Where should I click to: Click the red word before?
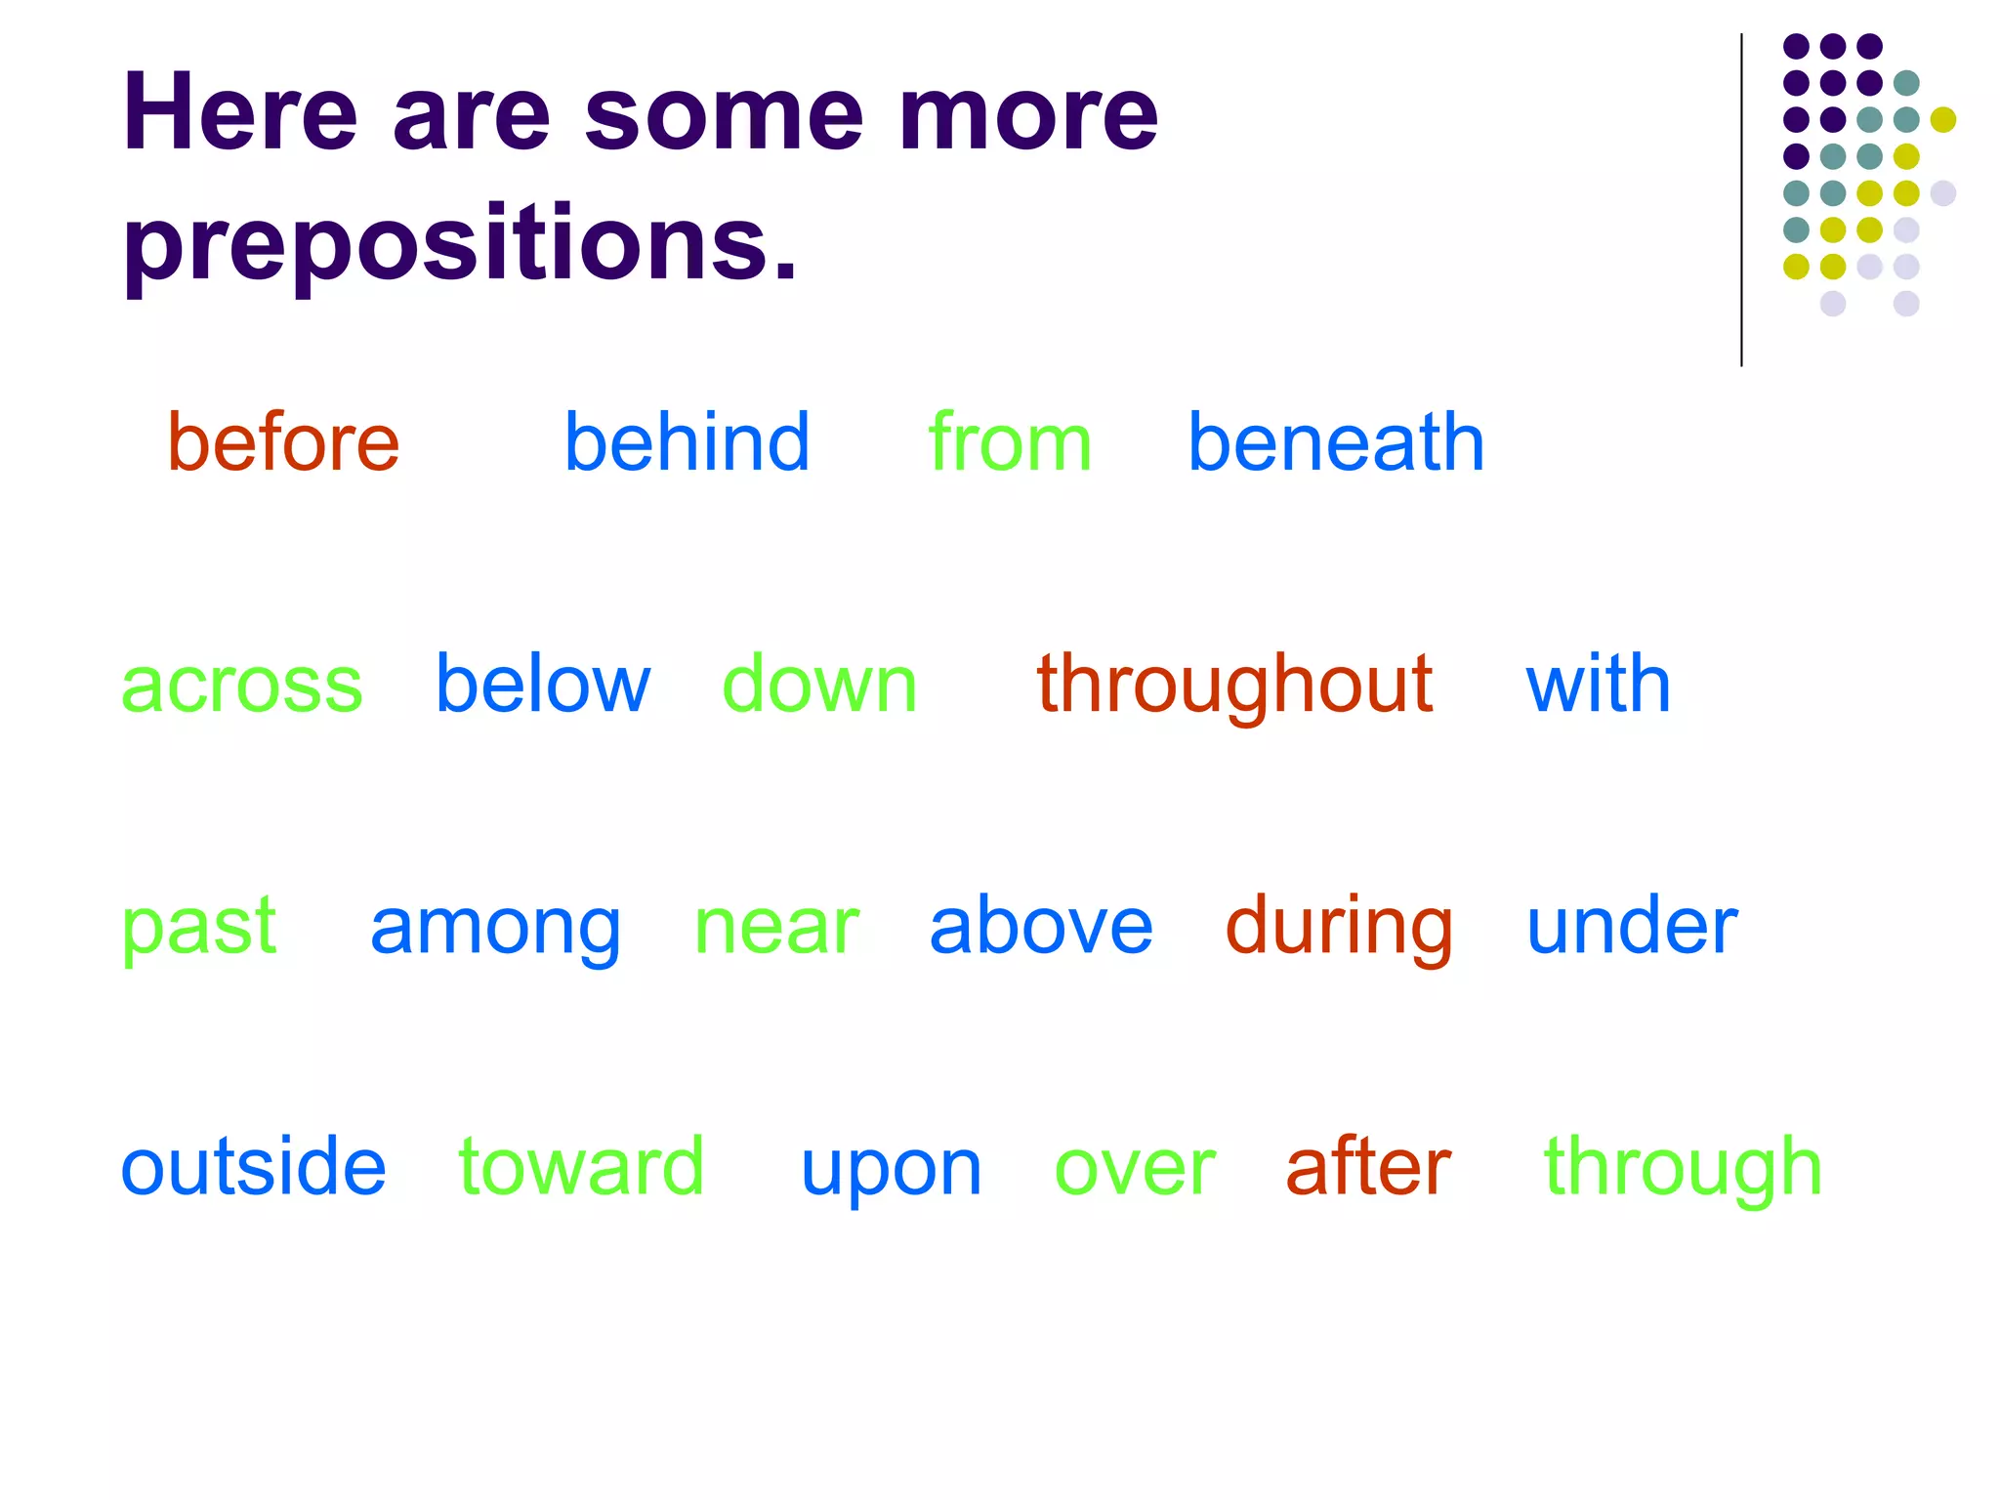pyautogui.click(x=283, y=442)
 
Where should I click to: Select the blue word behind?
pyautogui.click(x=687, y=442)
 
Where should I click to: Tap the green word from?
pyautogui.click(x=1010, y=442)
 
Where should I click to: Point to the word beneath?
pyautogui.click(x=1335, y=442)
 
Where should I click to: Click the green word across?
pyautogui.click(x=241, y=685)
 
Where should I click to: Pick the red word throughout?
pyautogui.click(x=1234, y=687)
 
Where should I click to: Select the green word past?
pyautogui.click(x=198, y=928)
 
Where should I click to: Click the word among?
pyautogui.click(x=495, y=928)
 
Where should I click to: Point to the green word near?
pyautogui.click(x=776, y=928)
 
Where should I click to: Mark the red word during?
pyautogui.click(x=1339, y=928)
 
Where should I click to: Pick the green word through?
pyautogui.click(x=1683, y=1168)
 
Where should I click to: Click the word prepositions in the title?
pyautogui.click(x=459, y=244)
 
